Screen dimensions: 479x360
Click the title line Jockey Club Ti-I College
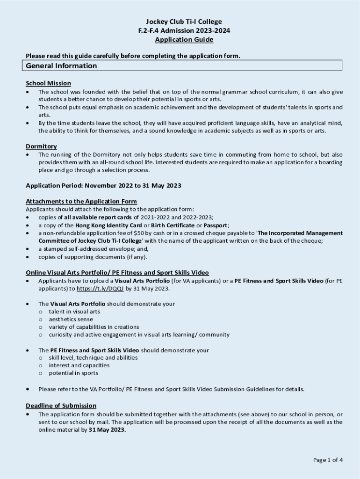click(x=184, y=22)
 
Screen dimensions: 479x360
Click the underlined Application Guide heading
click(x=184, y=40)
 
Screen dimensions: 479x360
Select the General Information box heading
click(x=61, y=66)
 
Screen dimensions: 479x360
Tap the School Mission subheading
click(x=48, y=83)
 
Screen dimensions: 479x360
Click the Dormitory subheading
click(x=41, y=146)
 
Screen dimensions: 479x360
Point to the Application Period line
click(x=103, y=186)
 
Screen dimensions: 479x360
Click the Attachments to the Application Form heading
click(x=81, y=202)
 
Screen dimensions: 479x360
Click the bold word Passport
click(x=215, y=225)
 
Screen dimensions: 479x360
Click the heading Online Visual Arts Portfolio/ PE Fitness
click(x=117, y=273)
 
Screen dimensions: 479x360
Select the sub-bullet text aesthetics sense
click(x=71, y=319)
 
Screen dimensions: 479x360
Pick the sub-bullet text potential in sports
click(x=73, y=373)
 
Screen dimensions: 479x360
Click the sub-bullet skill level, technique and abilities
click(x=93, y=357)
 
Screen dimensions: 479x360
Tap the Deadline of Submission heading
click(x=61, y=406)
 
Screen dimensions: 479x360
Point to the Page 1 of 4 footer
click(x=328, y=460)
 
